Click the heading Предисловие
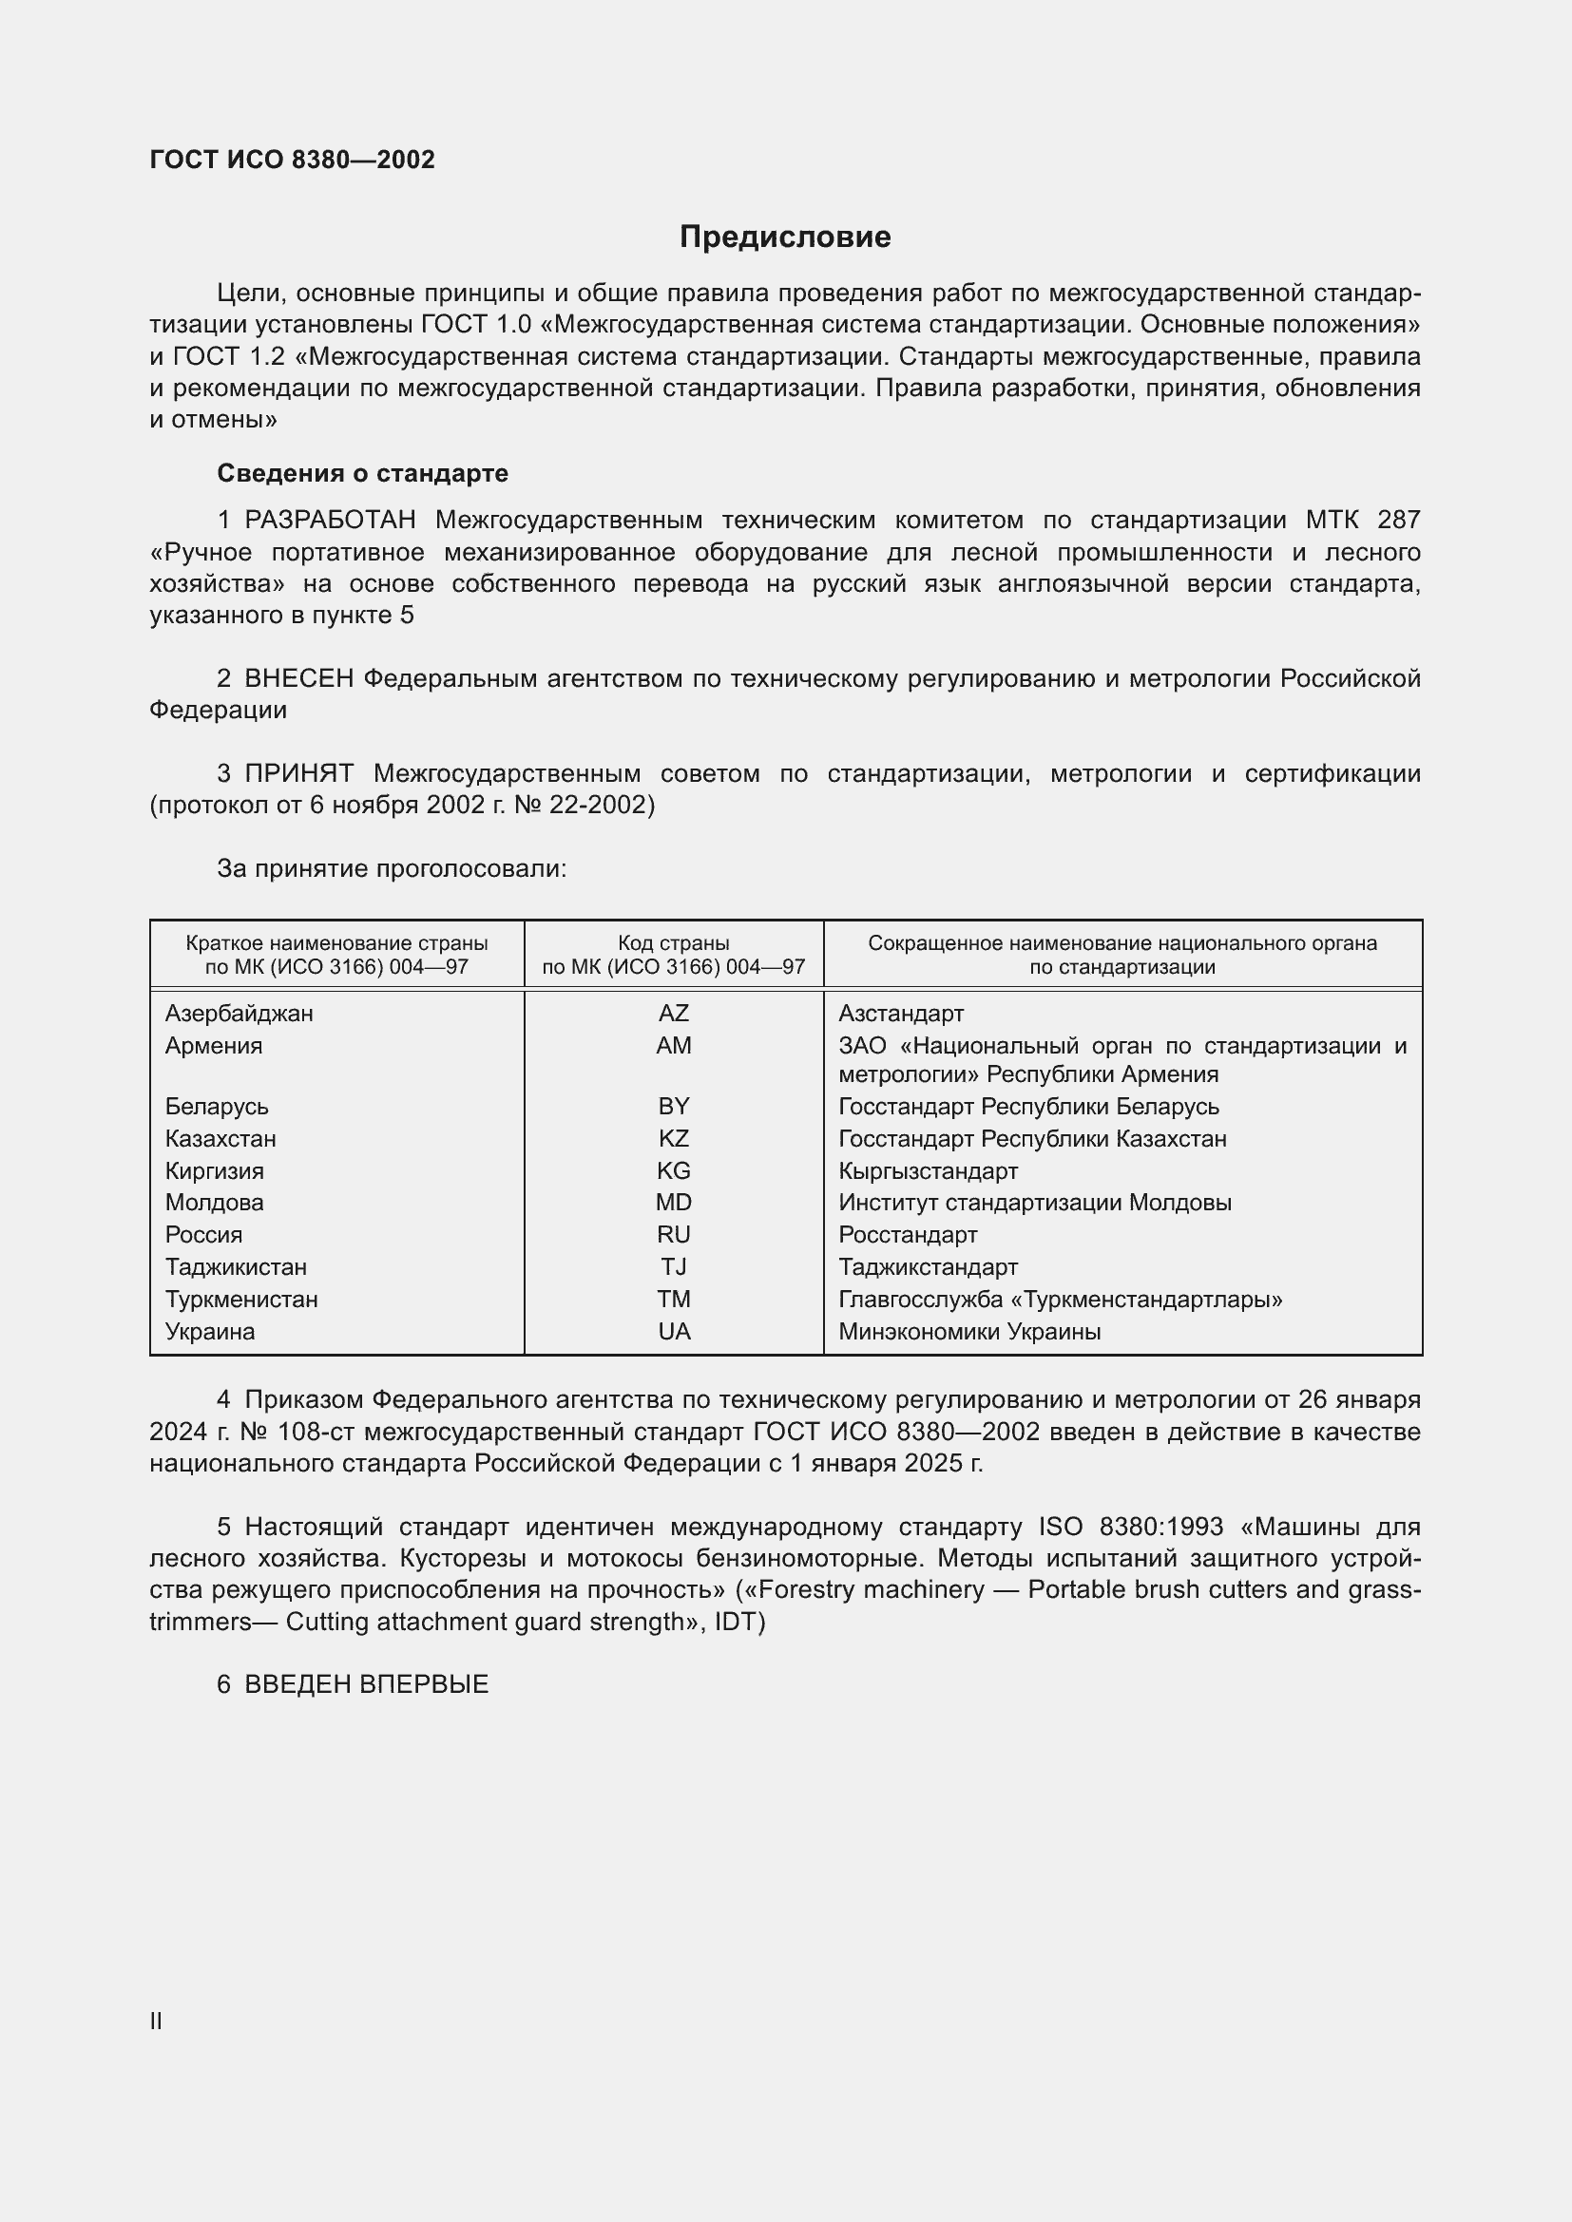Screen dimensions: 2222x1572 [x=784, y=237]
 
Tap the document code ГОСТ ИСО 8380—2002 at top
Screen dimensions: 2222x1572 [x=293, y=160]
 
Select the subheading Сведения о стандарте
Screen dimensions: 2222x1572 [x=362, y=473]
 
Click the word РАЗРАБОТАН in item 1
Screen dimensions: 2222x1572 [x=330, y=521]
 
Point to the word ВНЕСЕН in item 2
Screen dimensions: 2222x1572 [x=299, y=679]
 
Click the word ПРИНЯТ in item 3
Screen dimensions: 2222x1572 [x=299, y=774]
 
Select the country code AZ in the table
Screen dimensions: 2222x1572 [x=673, y=1014]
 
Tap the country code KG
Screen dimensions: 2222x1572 [x=673, y=1171]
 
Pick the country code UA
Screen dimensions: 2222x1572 [x=674, y=1332]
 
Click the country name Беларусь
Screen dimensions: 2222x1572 [x=217, y=1106]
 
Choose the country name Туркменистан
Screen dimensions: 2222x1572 [x=241, y=1300]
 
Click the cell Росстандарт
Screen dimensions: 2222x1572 [x=907, y=1235]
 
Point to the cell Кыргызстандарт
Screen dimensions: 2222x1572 [x=928, y=1171]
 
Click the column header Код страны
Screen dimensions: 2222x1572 [x=673, y=943]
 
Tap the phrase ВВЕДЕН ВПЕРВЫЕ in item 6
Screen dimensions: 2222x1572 [x=366, y=1685]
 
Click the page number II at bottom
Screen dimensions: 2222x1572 [x=156, y=2022]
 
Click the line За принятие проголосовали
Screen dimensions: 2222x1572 [x=391, y=869]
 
